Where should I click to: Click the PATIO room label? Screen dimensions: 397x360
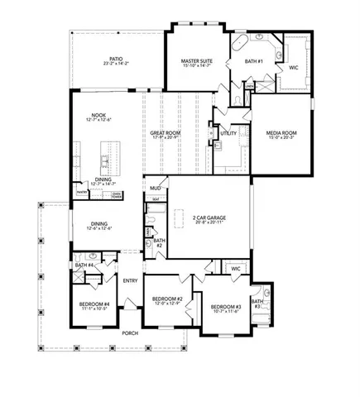(117, 59)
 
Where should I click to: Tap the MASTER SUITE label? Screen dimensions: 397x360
(198, 60)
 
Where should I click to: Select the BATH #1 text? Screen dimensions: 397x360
(254, 62)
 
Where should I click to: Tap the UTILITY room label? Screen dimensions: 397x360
(228, 132)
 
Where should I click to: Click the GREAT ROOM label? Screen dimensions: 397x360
(166, 132)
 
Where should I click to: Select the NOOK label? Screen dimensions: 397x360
(98, 116)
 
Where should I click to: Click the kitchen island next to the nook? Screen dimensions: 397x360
(106, 155)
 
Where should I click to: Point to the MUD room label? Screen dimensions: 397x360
(155, 188)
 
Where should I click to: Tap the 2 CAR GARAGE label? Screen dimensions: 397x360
(209, 218)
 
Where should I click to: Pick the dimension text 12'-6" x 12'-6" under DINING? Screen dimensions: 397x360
(99, 228)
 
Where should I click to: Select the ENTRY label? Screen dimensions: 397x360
(130, 280)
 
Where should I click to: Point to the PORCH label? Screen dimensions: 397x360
(130, 333)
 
